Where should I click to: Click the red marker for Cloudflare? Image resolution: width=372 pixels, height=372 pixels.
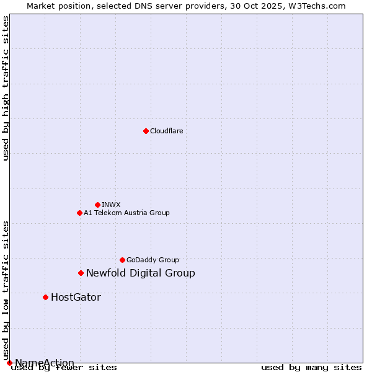(146, 131)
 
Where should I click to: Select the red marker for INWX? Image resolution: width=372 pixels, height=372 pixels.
(97, 205)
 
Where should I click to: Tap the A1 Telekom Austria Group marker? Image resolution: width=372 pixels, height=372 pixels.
(79, 213)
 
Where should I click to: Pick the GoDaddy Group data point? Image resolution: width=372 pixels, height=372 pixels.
(122, 260)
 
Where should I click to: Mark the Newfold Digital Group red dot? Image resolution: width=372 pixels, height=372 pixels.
(81, 273)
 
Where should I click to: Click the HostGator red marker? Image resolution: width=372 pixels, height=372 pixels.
(45, 297)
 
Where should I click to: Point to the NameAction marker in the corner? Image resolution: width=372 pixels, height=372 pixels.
(9, 363)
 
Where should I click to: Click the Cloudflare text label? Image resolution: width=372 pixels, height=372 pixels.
(166, 131)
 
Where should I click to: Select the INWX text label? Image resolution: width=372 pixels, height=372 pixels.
(111, 205)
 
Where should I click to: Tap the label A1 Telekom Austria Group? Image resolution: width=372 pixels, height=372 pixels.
(126, 213)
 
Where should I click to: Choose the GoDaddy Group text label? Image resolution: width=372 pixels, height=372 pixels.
(153, 260)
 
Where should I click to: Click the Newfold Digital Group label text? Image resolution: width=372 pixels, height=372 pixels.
(141, 273)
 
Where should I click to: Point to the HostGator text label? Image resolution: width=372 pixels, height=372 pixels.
(76, 297)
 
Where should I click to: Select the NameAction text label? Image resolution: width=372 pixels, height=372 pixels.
(45, 363)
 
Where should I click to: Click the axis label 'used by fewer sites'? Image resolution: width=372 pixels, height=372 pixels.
(64, 368)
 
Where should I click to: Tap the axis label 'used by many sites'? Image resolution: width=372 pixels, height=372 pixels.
(311, 368)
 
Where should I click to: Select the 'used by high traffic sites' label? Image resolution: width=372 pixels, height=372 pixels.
(6, 88)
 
